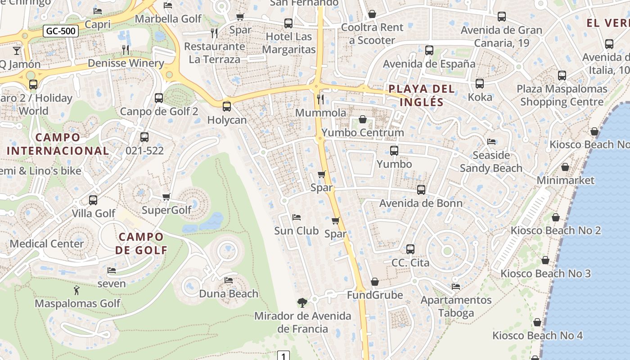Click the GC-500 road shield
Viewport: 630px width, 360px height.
[x=61, y=31]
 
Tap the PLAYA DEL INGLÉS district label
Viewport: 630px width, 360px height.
[x=422, y=95]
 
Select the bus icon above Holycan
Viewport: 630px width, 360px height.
[x=227, y=107]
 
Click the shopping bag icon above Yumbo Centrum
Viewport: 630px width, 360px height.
[x=363, y=119]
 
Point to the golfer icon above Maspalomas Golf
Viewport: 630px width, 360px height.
[x=77, y=290]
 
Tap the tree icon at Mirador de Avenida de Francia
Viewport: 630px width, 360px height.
[x=302, y=302]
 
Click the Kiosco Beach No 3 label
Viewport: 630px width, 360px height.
[x=545, y=273]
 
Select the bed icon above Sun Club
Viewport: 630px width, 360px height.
[x=297, y=217]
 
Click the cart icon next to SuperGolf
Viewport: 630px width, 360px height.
[x=166, y=197]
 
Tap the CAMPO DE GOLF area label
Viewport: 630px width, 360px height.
[x=141, y=243]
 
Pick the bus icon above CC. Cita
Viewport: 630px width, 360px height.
[x=410, y=249]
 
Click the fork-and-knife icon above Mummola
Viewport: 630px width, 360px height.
[x=320, y=99]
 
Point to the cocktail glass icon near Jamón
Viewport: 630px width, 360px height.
[x=17, y=50]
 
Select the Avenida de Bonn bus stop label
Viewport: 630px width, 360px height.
[x=421, y=203]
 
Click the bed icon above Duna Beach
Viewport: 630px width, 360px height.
[x=229, y=280]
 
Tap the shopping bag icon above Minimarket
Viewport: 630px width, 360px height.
[x=565, y=167]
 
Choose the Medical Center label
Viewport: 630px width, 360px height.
[x=47, y=243]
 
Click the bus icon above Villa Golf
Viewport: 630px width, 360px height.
[x=93, y=200]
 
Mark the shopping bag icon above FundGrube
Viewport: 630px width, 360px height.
[x=375, y=282]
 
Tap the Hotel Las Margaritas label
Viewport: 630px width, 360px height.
[x=289, y=43]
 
